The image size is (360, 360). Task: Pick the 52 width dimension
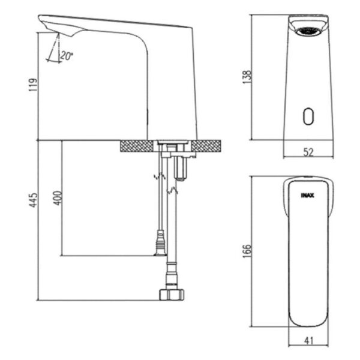(x=308, y=152)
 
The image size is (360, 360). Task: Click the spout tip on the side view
(x=46, y=24)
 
